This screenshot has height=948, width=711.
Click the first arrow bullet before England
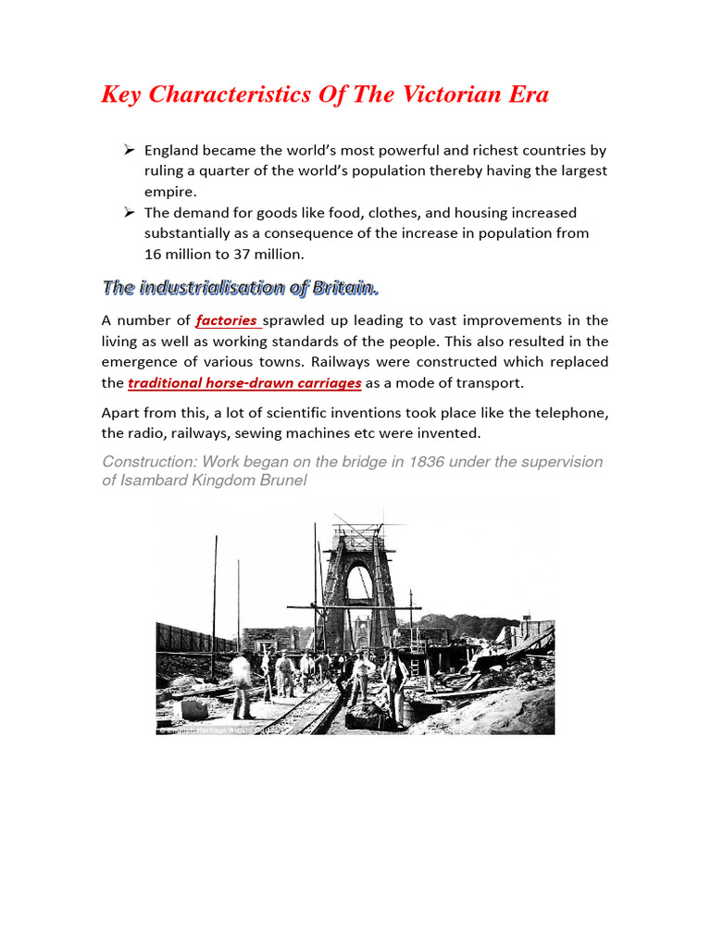(130, 150)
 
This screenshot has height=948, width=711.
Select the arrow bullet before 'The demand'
(130, 213)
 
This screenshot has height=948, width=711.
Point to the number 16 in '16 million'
(153, 255)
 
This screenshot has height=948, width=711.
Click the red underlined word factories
(227, 320)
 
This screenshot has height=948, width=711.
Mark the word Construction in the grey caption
(147, 461)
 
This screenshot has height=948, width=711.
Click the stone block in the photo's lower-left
(193, 708)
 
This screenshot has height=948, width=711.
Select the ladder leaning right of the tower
(414, 663)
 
